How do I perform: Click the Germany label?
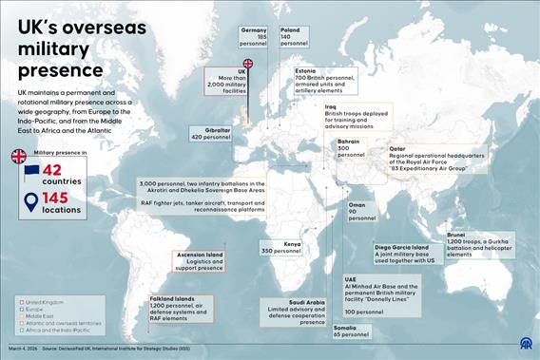coord(254,30)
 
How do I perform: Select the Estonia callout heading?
coord(306,71)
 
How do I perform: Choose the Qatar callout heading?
coord(397,149)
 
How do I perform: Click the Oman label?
coord(357,205)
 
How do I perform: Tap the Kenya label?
coord(292,244)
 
